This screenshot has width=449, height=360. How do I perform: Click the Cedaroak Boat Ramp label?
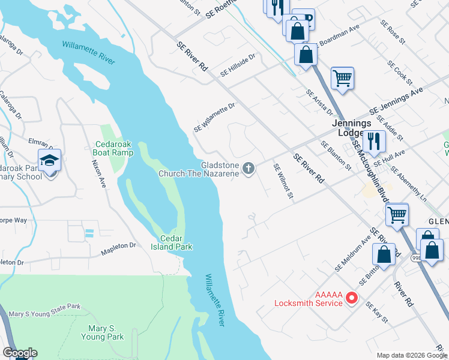tap(114, 149)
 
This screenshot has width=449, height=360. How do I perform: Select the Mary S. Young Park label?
tap(106, 332)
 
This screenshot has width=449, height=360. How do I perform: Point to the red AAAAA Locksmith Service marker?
tap(352, 297)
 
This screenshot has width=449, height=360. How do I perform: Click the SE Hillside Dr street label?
tap(238, 65)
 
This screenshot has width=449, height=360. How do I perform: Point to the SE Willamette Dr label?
tap(214, 118)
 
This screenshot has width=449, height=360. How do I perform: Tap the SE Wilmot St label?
tap(283, 181)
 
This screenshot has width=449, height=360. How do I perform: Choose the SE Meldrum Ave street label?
tap(353, 256)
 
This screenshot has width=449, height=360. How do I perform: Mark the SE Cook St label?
tap(400, 73)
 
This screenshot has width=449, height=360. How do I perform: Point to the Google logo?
tap(20, 353)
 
